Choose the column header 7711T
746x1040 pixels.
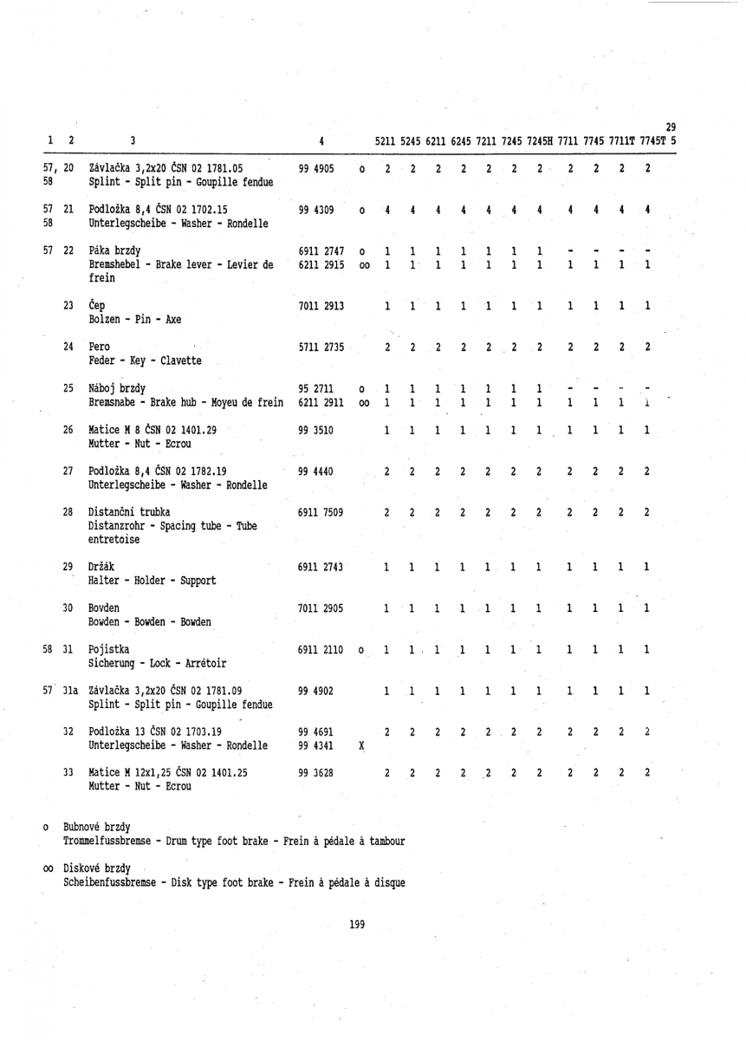(x=623, y=141)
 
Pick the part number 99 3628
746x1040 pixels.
(x=315, y=747)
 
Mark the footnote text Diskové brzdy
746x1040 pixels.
(x=97, y=868)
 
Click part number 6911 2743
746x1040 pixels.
(x=321, y=567)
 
